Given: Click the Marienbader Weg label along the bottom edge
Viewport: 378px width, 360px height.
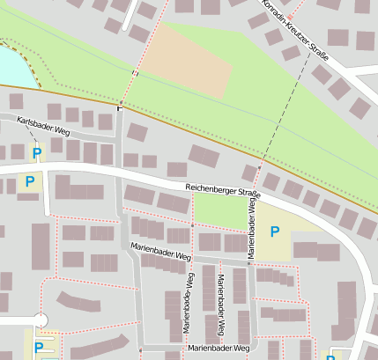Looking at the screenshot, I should click(217, 349).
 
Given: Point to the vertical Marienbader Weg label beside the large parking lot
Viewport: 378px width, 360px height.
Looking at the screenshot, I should click(251, 226).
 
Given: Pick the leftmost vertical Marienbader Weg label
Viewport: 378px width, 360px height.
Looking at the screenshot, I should click(188, 301).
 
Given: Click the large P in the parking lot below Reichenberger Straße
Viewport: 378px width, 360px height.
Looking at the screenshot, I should click(275, 231).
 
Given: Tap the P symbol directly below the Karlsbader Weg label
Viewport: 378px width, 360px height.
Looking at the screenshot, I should click(36, 153).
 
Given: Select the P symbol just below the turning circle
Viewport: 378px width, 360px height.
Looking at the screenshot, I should click(38, 347).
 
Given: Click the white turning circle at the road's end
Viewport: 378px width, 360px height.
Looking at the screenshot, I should click(40, 320).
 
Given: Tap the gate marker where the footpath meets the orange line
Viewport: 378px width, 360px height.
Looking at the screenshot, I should click(120, 107).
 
